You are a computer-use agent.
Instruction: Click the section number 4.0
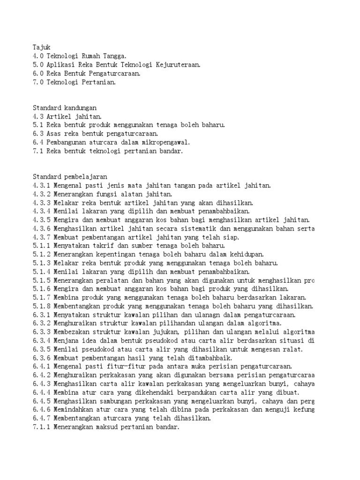[x=38, y=56]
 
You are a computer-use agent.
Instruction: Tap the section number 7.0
[x=38, y=82]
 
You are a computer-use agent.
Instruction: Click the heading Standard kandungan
[x=64, y=108]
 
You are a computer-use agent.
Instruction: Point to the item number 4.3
[x=38, y=117]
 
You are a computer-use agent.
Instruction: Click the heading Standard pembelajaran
[x=70, y=177]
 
